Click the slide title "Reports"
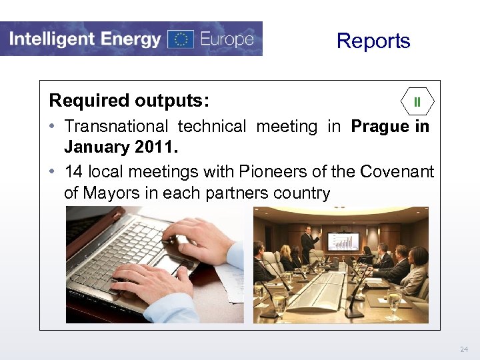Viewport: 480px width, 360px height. click(373, 41)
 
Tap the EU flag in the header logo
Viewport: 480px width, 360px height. click(180, 39)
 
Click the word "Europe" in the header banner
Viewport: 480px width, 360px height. click(227, 39)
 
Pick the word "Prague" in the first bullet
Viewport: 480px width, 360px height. click(380, 126)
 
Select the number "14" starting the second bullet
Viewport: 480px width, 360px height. click(73, 171)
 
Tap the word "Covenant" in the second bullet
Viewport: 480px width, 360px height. click(397, 171)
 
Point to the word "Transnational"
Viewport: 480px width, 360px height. click(116, 126)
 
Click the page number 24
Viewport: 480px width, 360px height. click(464, 349)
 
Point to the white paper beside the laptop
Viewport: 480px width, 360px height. click(230, 280)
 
